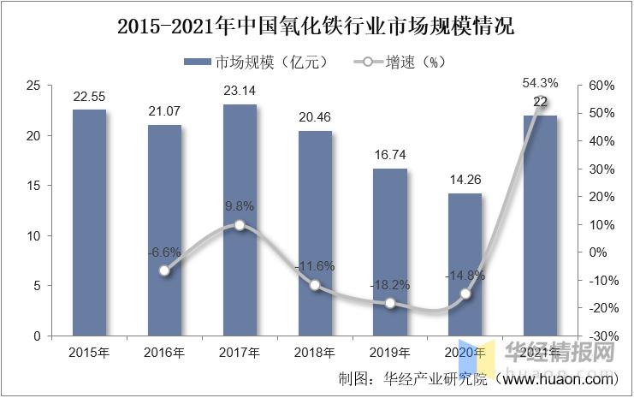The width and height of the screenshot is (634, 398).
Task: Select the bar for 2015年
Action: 89,223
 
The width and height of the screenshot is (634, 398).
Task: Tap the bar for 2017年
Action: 240,220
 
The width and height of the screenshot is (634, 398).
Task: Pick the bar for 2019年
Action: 390,252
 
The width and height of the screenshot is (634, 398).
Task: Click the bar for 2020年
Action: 465,264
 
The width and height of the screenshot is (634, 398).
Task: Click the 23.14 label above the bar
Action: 240,90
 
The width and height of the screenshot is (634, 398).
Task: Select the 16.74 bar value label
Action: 390,155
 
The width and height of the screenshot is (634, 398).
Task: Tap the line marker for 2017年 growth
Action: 240,225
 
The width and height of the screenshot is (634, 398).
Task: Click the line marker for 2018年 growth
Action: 315,285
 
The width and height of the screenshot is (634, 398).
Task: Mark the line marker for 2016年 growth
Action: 164,270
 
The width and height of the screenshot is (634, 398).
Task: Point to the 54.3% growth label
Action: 541,83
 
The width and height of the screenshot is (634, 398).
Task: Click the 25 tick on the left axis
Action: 34,86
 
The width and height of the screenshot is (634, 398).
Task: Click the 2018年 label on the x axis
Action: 315,353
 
